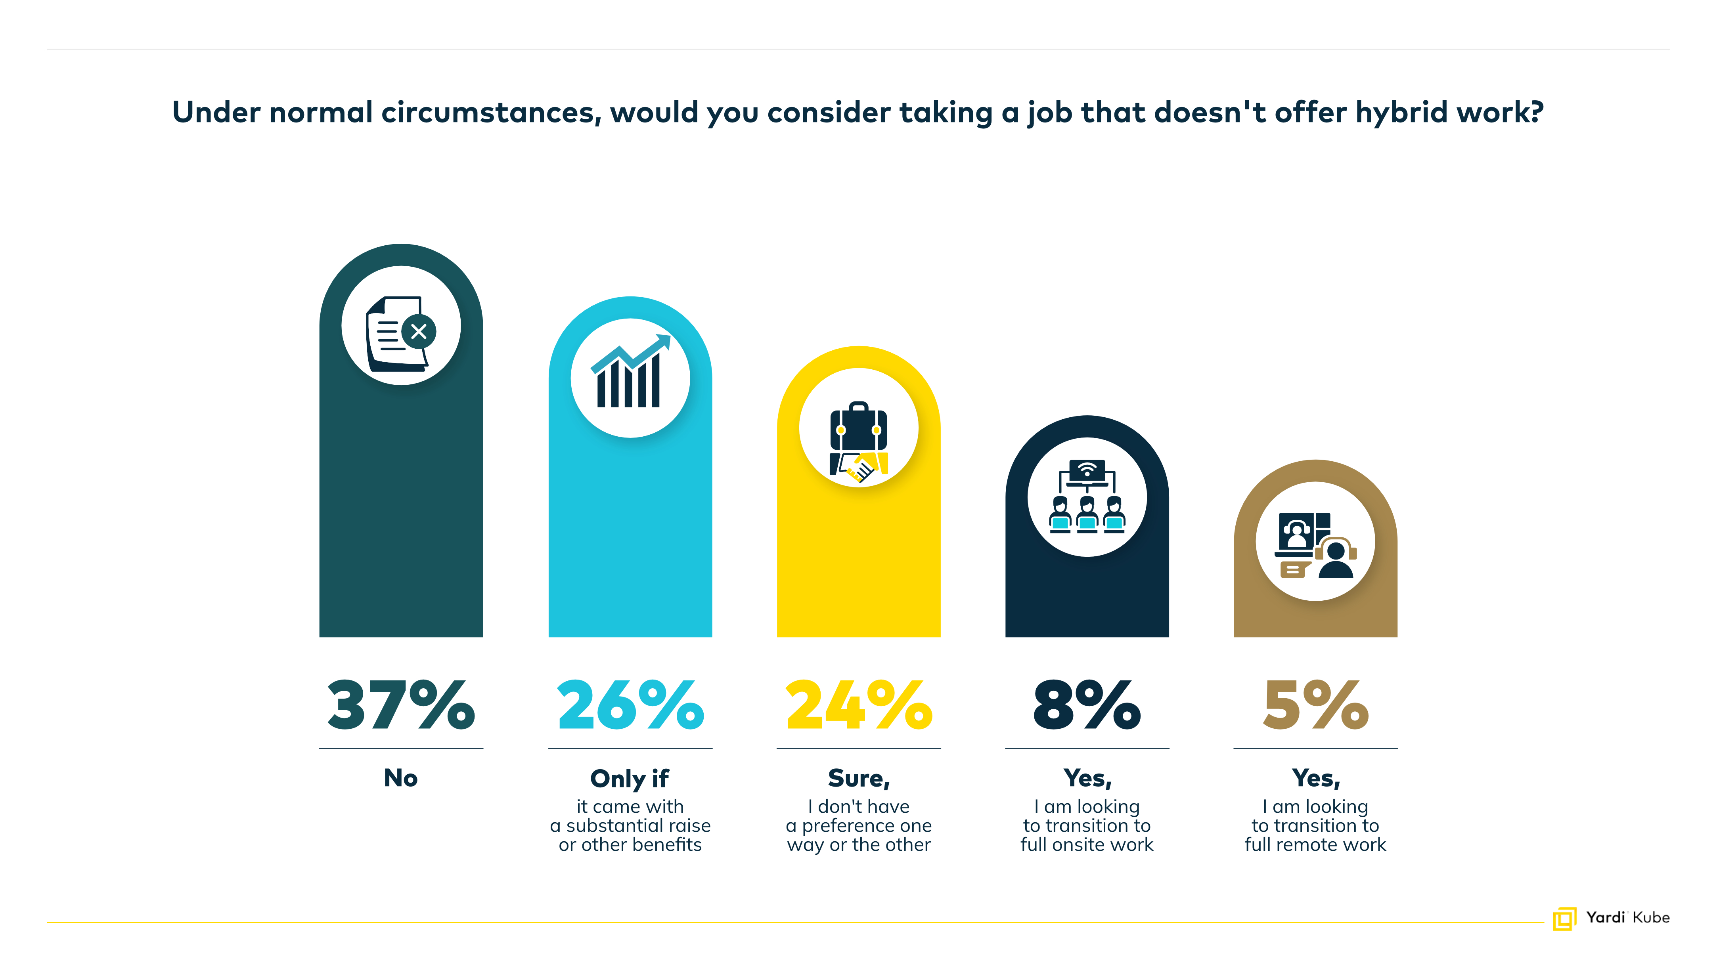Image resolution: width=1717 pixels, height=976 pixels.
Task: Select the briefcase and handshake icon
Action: coord(859,441)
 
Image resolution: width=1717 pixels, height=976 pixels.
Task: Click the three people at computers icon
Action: coord(1087,497)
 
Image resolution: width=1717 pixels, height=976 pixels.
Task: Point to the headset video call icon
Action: coord(1315,545)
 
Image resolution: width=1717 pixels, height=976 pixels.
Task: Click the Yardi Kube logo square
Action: coord(1564,919)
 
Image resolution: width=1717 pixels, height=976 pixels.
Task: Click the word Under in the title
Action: coord(216,112)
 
